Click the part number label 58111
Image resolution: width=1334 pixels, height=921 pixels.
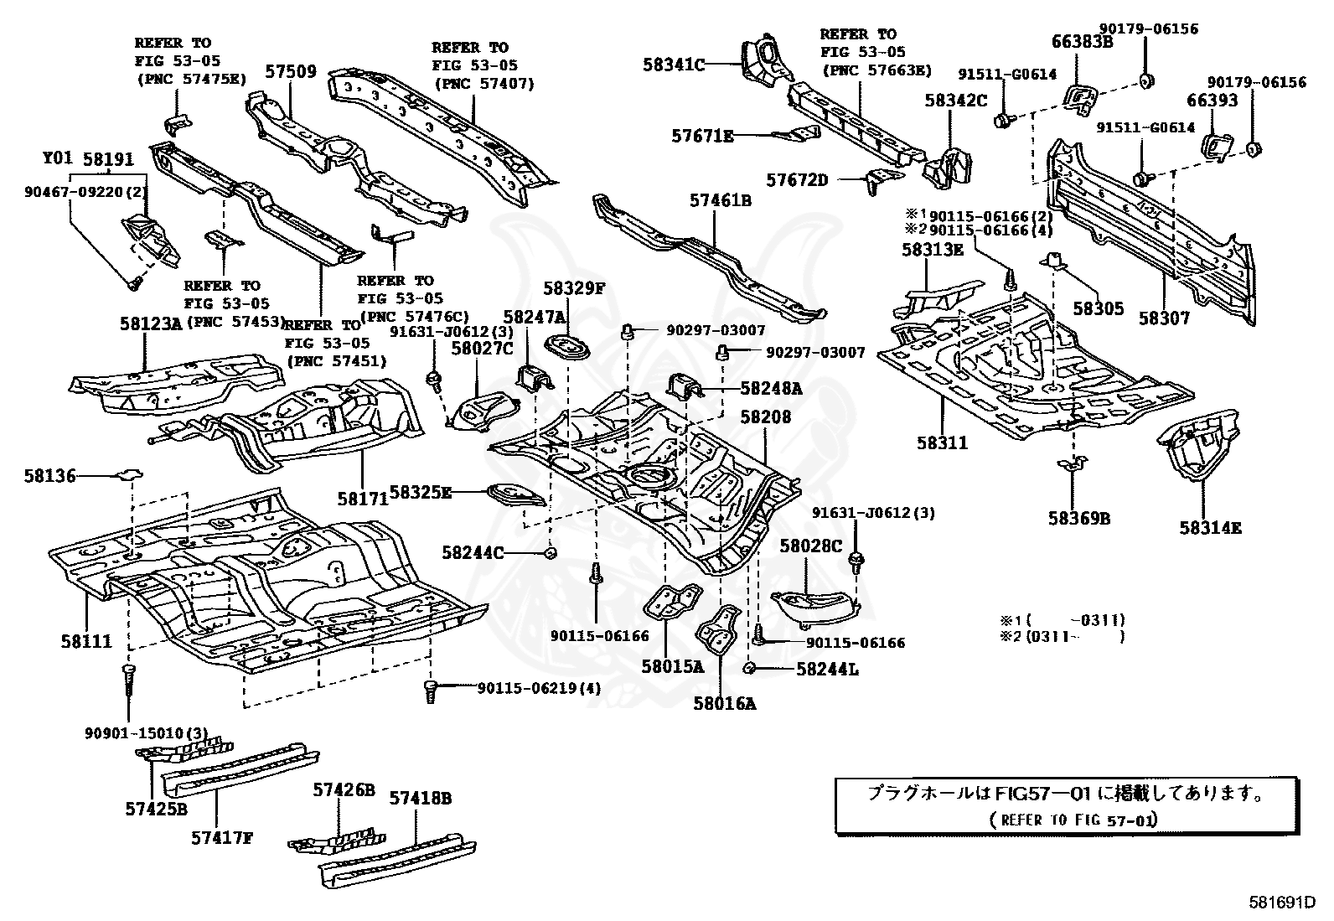(85, 641)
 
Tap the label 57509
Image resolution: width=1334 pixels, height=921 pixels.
(291, 72)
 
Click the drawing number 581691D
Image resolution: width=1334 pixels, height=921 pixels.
(1279, 903)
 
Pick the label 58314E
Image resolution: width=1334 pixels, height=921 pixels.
(1210, 527)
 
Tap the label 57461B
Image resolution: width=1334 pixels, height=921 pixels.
(721, 201)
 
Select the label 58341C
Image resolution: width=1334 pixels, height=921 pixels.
(675, 64)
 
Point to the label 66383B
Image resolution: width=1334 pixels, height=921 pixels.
(1082, 41)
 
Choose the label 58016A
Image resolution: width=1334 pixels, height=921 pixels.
(724, 704)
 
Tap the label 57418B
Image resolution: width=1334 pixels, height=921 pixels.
(420, 799)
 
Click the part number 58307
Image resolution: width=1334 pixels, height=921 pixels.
(1164, 318)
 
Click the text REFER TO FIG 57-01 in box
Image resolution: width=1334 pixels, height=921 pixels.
(1073, 819)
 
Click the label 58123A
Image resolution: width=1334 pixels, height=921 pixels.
(150, 323)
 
